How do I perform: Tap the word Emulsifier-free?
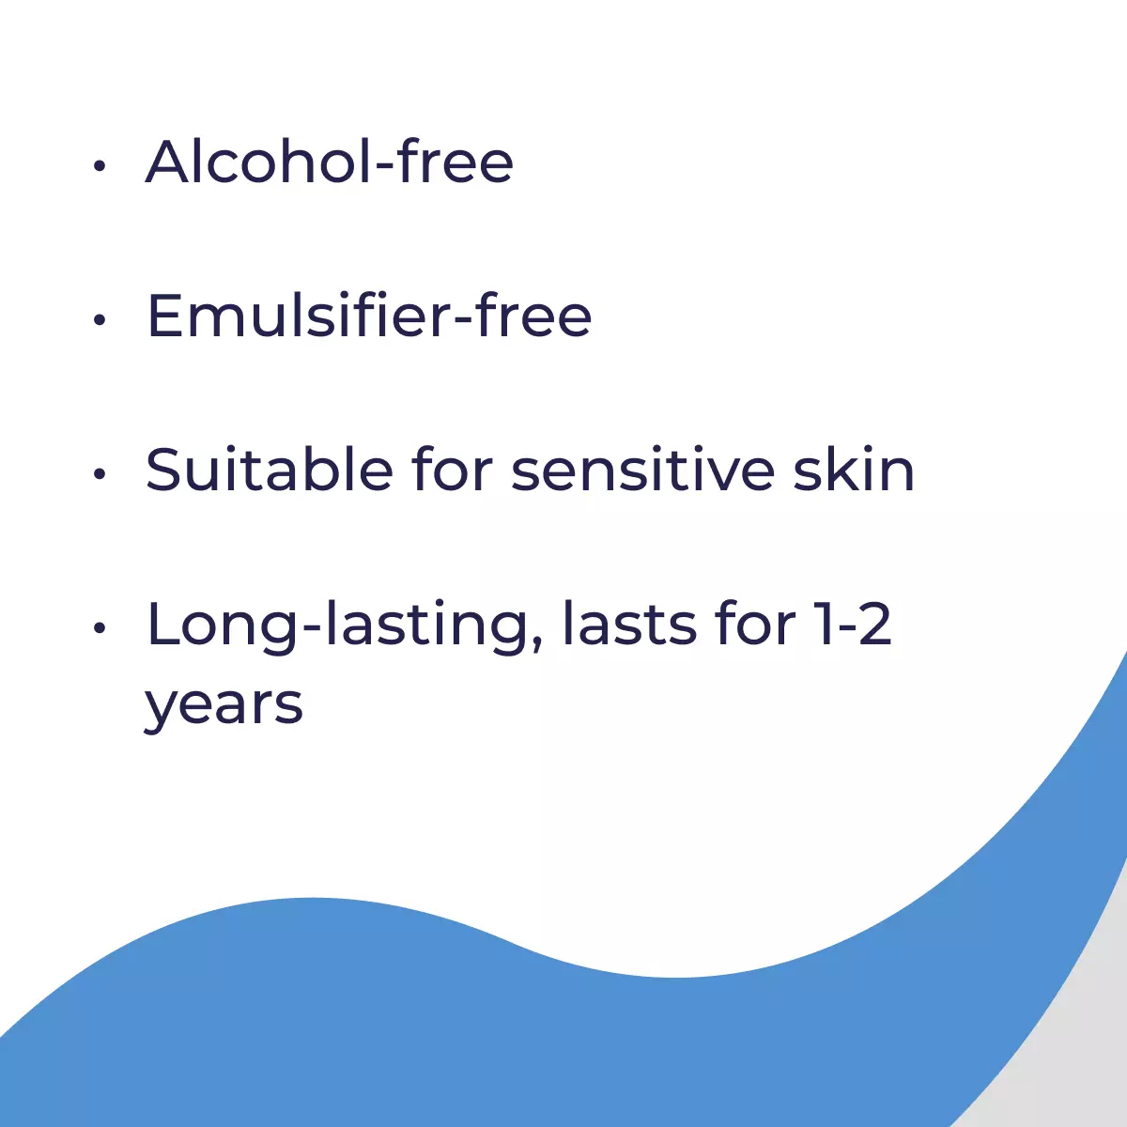(x=369, y=316)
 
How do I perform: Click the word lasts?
(x=629, y=624)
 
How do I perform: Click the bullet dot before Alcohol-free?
(x=100, y=166)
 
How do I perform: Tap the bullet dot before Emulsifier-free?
(x=100, y=320)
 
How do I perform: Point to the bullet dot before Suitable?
(x=100, y=473)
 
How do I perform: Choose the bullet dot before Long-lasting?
(x=100, y=628)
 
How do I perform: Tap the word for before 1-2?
(x=756, y=624)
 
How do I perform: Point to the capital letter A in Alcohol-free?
(x=170, y=162)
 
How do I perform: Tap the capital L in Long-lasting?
(x=162, y=624)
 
